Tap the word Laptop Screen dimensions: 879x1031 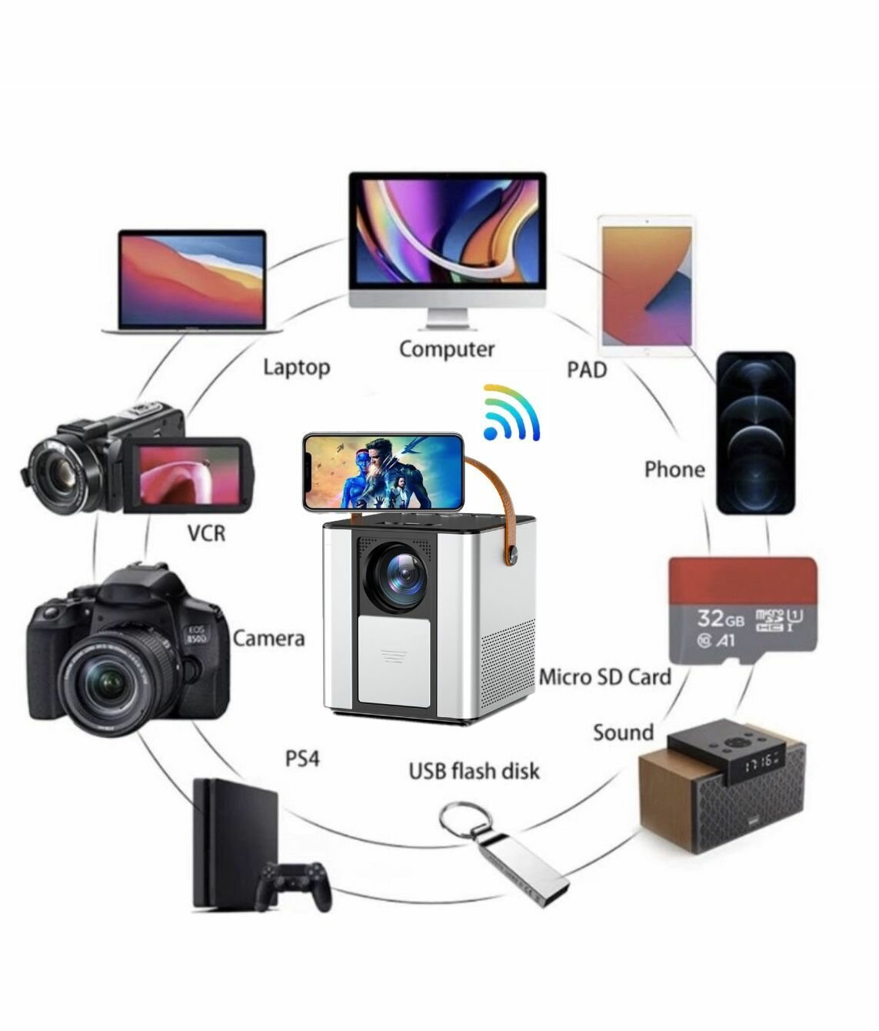pos(296,367)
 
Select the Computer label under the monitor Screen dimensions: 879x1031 pos(446,349)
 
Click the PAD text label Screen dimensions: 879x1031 pos(587,370)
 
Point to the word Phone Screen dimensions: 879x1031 pos(674,469)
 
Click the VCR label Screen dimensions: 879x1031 pos(206,532)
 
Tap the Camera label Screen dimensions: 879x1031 pos(268,638)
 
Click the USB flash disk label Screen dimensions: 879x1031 pos(474,770)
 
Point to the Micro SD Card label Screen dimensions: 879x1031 pos(604,677)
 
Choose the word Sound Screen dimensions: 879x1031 pos(623,732)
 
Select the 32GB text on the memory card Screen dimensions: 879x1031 pos(720,618)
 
